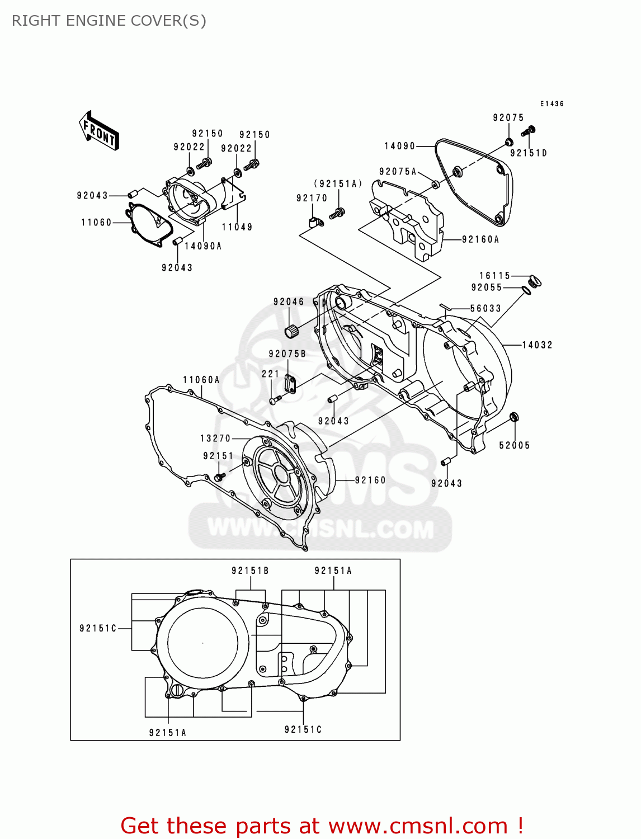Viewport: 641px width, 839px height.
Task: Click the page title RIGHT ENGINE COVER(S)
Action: click(x=109, y=21)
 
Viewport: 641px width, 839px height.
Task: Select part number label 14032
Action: click(x=537, y=345)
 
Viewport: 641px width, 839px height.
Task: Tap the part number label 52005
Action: click(x=514, y=445)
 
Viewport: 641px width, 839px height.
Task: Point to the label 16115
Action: click(x=494, y=276)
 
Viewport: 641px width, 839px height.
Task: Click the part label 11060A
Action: click(x=201, y=380)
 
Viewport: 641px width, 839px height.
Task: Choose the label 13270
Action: click(x=215, y=439)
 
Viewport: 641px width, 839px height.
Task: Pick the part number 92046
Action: click(x=289, y=302)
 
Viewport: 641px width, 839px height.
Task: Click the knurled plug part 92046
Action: click(x=291, y=331)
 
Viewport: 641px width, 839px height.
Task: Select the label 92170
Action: click(x=312, y=198)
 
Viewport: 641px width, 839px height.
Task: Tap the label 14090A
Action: click(x=203, y=246)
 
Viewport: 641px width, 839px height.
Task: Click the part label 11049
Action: click(x=237, y=227)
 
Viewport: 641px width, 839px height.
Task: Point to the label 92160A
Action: click(x=480, y=239)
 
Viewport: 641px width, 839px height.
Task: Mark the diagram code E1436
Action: click(x=552, y=104)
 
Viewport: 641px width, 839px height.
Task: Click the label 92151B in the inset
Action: click(x=250, y=571)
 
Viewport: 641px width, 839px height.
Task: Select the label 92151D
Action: click(x=529, y=153)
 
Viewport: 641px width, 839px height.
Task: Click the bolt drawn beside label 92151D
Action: click(x=528, y=131)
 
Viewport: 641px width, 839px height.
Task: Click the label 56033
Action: click(x=486, y=309)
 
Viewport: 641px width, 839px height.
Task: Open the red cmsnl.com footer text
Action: click(x=322, y=826)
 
